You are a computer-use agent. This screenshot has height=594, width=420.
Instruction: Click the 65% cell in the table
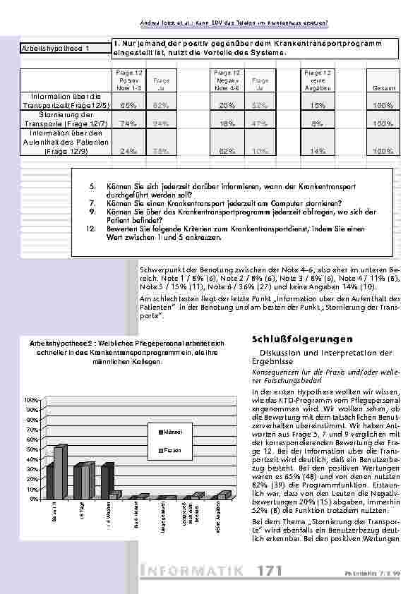pos(128,105)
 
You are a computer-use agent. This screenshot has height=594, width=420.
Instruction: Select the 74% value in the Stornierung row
pos(128,123)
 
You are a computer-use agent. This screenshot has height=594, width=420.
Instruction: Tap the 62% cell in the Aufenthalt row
pos(227,150)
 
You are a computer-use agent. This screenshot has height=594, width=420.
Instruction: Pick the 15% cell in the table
pos(318,105)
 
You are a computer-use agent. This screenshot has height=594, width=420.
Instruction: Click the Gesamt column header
pos(383,87)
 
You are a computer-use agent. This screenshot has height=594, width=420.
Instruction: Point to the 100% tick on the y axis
pos(32,400)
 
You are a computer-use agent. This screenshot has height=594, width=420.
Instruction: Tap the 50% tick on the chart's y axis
pos(32,449)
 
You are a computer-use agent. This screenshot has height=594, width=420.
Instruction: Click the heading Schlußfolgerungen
pos(293,339)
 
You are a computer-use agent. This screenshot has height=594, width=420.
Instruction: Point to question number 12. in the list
pos(90,229)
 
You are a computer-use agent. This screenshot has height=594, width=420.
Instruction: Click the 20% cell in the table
pos(227,105)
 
